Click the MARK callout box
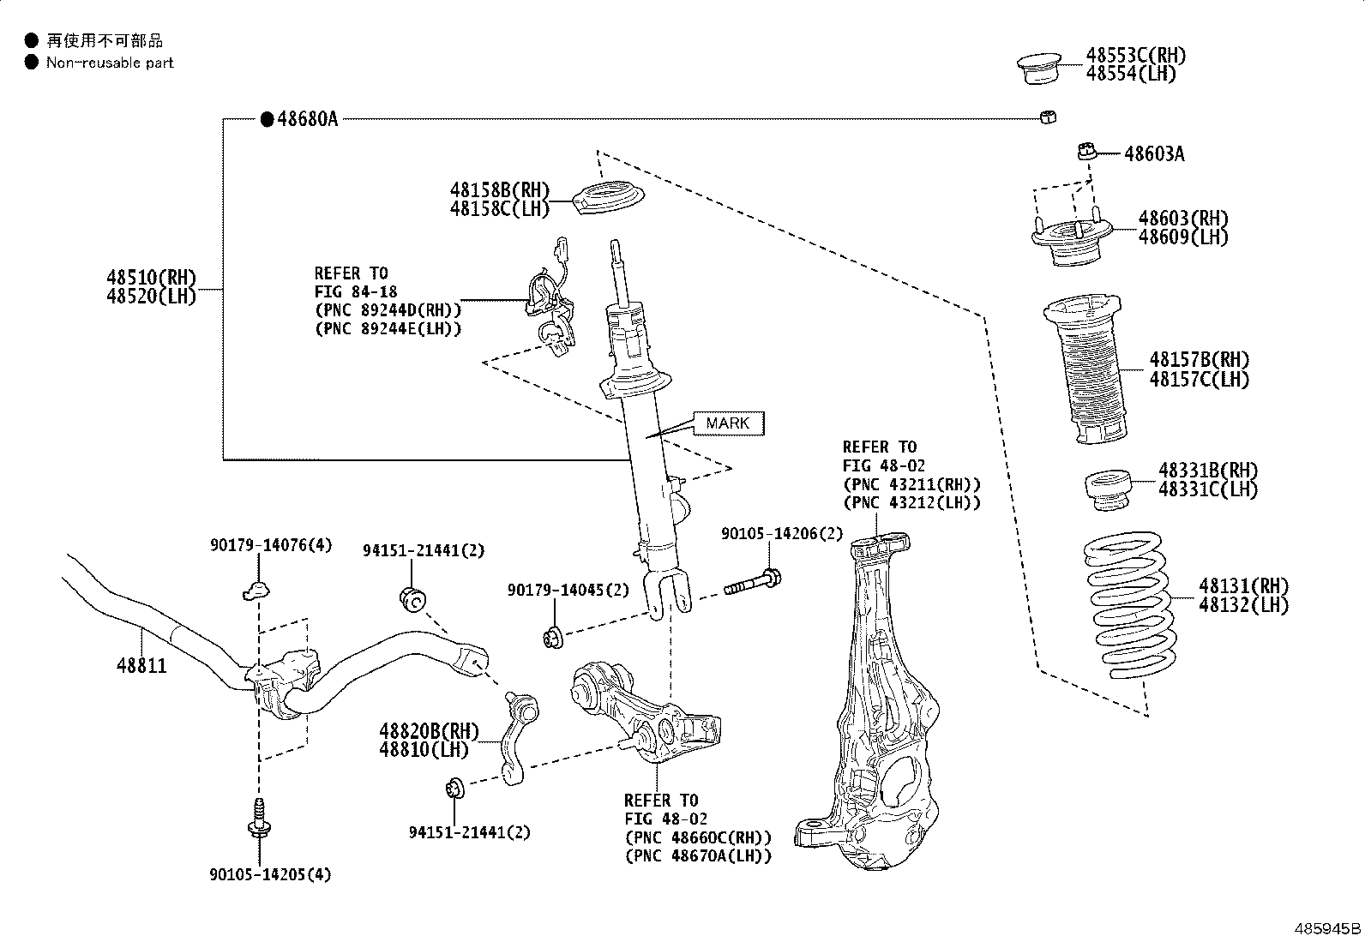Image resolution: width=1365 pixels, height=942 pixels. pos(728,423)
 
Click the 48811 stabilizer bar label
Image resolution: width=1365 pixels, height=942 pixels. pos(141,666)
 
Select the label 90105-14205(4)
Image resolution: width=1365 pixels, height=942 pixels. pos(270,874)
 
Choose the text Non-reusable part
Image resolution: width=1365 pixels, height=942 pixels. pos(110,63)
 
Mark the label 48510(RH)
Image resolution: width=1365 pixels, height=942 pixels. pos(151,278)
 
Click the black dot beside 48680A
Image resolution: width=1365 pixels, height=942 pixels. pos(266,119)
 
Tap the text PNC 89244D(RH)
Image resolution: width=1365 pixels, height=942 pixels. pos(388,309)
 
